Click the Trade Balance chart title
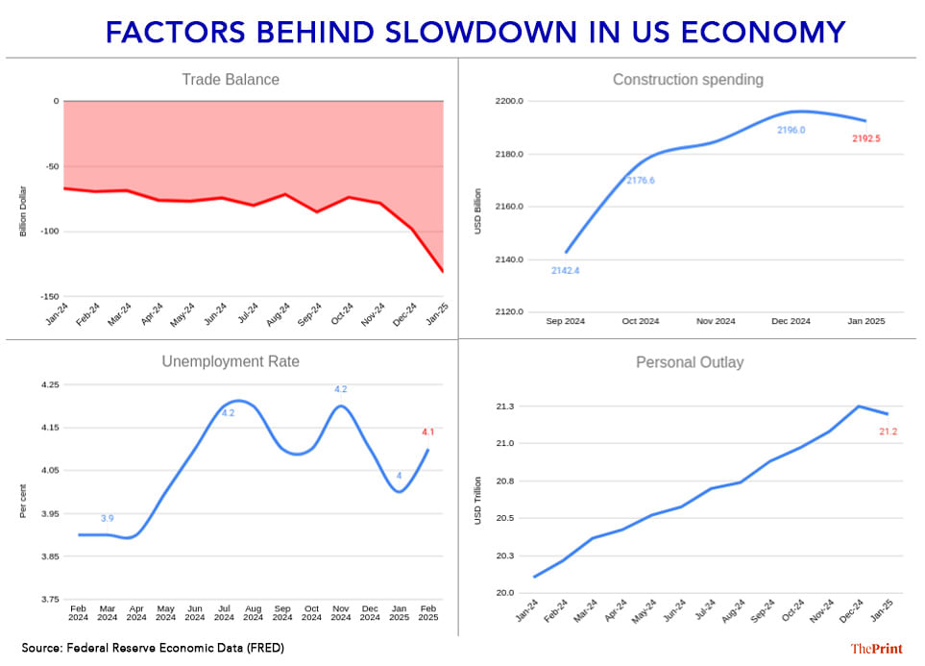point(231,80)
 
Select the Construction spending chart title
point(688,80)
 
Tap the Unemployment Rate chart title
point(231,361)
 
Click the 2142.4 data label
point(565,270)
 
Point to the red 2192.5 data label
point(865,138)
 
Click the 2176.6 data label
point(641,181)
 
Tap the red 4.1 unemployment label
point(427,432)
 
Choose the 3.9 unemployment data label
point(108,518)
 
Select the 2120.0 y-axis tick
point(509,312)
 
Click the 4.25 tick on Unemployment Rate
point(48,384)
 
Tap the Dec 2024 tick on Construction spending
point(791,321)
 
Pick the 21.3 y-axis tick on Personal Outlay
point(506,407)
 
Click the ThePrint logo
point(874,649)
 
